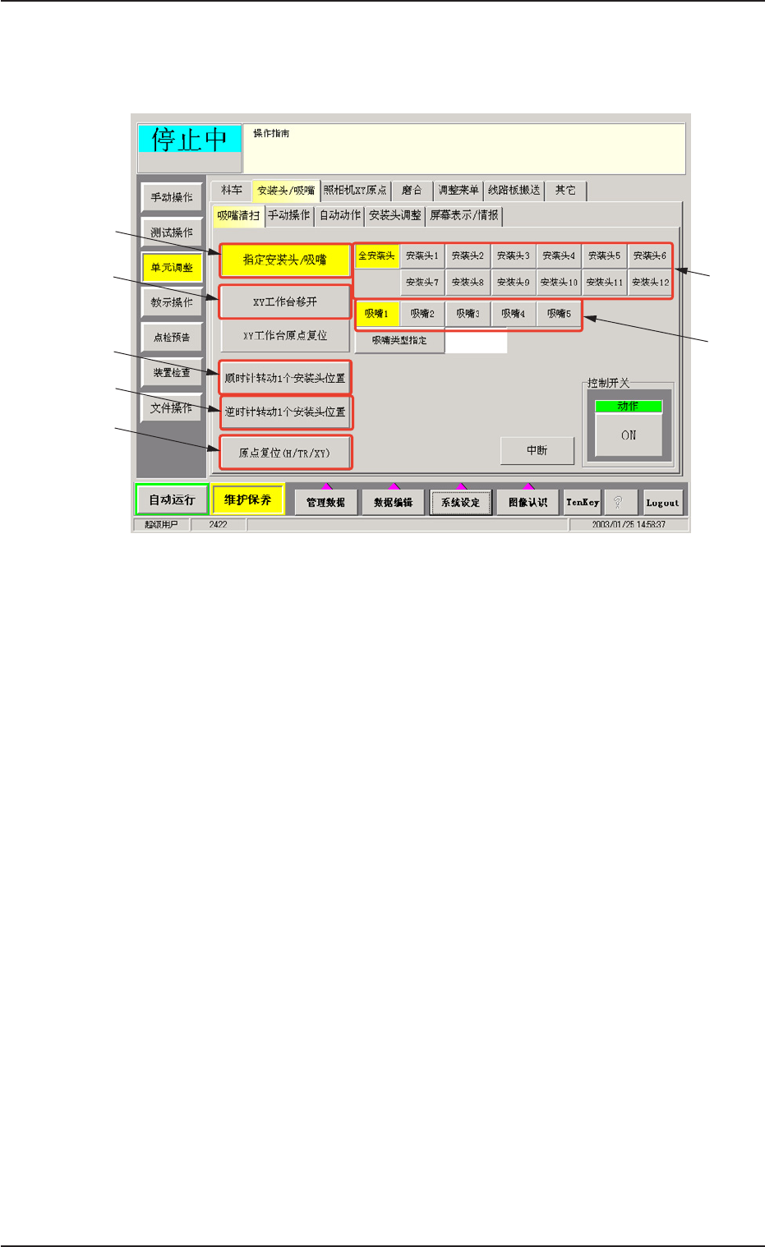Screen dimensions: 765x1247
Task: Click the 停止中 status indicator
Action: (189, 139)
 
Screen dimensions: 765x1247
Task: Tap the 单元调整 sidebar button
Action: (172, 268)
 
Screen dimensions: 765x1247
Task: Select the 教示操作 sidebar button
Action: (172, 302)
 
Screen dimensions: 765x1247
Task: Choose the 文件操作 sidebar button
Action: (172, 407)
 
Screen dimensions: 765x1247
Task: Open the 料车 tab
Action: (232, 191)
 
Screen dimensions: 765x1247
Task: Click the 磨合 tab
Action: (412, 191)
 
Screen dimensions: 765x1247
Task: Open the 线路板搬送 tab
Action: (514, 191)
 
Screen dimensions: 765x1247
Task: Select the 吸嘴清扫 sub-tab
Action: (238, 215)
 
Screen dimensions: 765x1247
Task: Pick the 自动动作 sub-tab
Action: (340, 215)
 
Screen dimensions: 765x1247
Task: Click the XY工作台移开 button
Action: (285, 301)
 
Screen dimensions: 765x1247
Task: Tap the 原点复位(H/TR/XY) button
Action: (285, 453)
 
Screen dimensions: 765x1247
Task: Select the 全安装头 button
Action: (376, 256)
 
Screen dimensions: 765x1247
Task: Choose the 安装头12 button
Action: (651, 283)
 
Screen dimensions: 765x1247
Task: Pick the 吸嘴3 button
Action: (468, 314)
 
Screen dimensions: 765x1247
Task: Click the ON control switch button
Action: (629, 435)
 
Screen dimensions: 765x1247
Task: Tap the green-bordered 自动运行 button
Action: (172, 499)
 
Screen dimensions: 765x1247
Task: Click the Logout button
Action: (662, 503)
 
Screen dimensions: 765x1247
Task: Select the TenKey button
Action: (583, 503)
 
